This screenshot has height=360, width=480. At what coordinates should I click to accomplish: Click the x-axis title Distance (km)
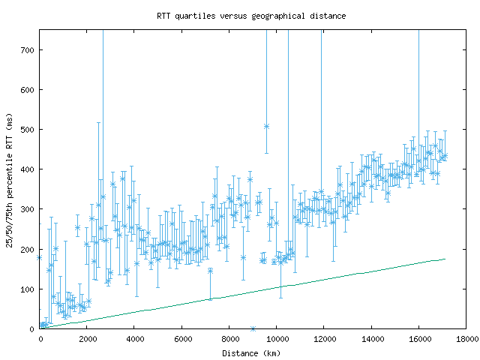[x=251, y=353]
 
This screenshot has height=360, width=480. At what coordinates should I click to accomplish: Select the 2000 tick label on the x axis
[x=87, y=339]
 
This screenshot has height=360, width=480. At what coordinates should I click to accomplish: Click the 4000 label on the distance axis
[x=134, y=339]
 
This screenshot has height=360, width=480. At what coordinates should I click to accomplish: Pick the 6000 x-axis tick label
[x=182, y=339]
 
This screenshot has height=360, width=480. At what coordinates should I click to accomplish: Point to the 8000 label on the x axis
[x=229, y=339]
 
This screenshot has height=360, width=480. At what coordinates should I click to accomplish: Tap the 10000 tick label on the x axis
[x=277, y=339]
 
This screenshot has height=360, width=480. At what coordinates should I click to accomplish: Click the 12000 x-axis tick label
[x=324, y=339]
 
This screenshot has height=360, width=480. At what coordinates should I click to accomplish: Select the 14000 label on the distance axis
[x=371, y=339]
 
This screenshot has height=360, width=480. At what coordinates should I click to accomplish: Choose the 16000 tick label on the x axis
[x=418, y=339]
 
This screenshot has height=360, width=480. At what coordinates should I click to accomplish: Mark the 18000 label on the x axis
[x=466, y=339]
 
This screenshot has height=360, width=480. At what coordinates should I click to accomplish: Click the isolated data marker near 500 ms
[x=266, y=126]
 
